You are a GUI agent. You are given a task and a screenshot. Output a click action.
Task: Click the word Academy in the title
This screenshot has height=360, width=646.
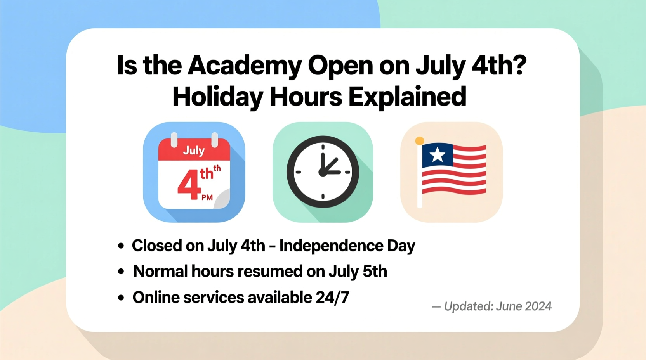click(245, 66)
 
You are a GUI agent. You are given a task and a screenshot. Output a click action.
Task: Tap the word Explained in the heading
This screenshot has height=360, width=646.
click(407, 97)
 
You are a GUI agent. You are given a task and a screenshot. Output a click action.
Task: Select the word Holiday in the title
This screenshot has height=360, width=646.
click(218, 97)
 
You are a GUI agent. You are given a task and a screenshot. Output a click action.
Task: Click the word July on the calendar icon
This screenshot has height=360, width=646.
click(194, 150)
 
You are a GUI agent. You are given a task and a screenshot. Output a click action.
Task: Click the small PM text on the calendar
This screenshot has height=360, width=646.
click(207, 197)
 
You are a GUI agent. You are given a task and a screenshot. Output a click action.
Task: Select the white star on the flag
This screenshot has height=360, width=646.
click(438, 155)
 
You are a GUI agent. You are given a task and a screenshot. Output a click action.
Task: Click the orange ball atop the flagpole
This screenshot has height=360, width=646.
click(419, 141)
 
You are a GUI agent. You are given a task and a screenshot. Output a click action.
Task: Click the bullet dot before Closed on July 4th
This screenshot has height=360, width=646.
click(121, 246)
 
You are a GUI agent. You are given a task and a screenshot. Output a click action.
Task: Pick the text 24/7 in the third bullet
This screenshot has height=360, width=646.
click(332, 298)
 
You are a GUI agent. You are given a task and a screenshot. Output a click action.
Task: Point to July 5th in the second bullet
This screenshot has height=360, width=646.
click(358, 272)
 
